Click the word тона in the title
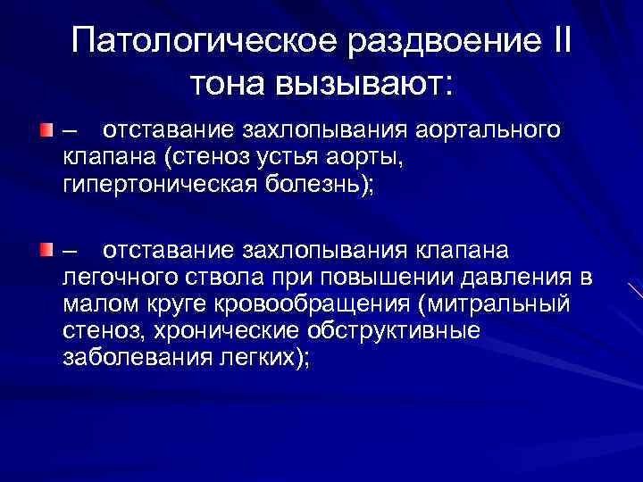(x=227, y=85)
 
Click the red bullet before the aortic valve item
(x=44, y=130)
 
